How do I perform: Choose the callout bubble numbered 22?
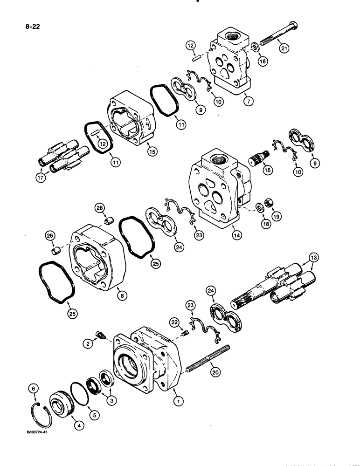pos(173,322)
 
